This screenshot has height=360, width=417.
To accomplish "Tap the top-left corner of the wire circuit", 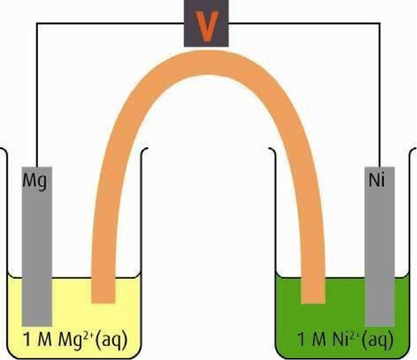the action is tap(37, 24).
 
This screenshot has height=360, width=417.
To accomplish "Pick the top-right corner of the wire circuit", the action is tap(380, 24).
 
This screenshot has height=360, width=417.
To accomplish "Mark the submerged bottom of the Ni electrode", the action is tap(378, 315).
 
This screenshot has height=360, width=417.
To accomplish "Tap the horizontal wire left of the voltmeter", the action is tap(112, 24).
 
